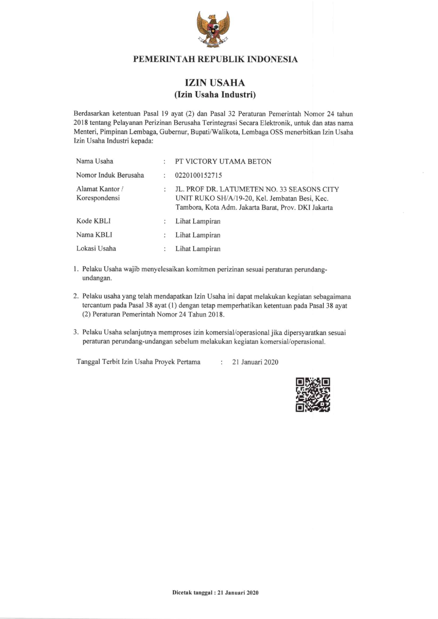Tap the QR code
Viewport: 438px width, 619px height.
click(x=313, y=394)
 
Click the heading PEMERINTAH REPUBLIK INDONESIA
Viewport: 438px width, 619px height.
click(x=215, y=59)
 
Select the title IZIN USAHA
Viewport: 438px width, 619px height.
click(x=215, y=83)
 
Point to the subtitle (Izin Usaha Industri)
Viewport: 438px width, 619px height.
click(x=215, y=95)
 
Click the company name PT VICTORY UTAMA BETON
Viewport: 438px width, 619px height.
click(x=223, y=162)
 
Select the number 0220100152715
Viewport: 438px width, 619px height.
click(x=199, y=175)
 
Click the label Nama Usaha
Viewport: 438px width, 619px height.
click(x=95, y=161)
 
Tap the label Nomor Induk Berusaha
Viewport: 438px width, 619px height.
click(x=110, y=175)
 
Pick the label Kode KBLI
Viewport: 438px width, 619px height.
click(x=94, y=221)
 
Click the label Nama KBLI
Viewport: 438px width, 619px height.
click(x=94, y=235)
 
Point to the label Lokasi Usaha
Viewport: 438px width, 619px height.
click(x=96, y=249)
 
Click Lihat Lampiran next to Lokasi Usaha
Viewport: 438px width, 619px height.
click(x=198, y=249)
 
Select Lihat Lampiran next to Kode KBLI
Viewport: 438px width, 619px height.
click(x=198, y=221)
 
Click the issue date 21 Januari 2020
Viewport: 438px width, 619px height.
click(x=255, y=362)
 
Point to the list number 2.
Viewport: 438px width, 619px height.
click(x=76, y=296)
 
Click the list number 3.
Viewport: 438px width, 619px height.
click(x=76, y=332)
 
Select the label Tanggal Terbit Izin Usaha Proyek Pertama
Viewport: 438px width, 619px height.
click(x=138, y=362)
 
